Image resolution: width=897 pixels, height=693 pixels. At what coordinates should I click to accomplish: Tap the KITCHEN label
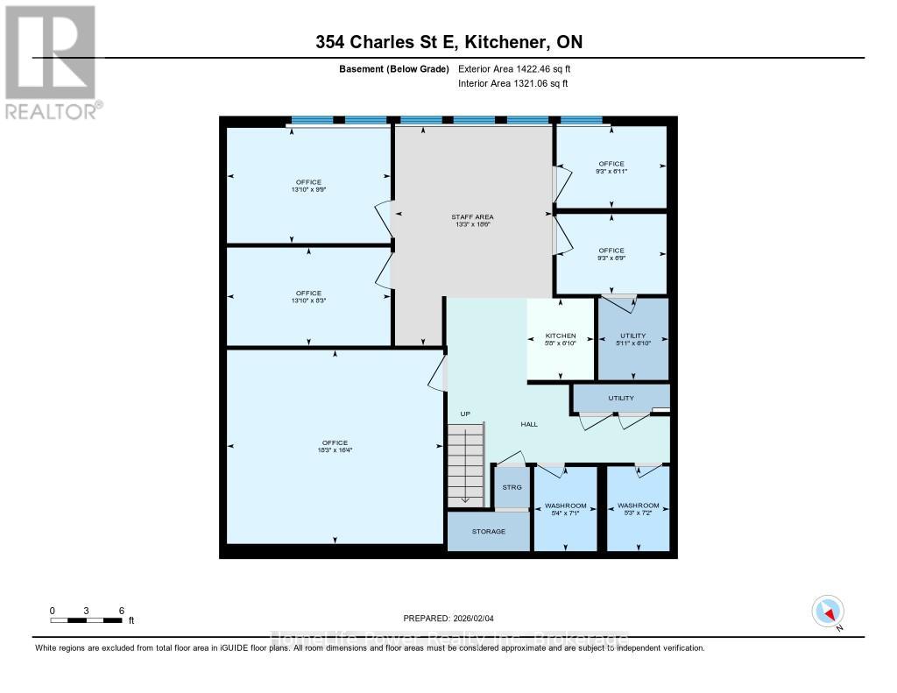tap(561, 336)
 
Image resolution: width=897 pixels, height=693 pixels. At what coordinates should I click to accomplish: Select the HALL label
tap(529, 424)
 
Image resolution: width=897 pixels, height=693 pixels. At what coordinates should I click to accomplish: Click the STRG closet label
tap(512, 488)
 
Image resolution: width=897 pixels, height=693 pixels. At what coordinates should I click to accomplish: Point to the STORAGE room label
tap(489, 531)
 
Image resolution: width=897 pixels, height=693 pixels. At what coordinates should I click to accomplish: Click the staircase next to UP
tap(464, 464)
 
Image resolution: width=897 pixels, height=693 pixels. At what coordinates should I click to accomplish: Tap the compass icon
tap(828, 611)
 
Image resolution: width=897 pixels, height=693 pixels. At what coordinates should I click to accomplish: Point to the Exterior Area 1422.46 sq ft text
tap(513, 68)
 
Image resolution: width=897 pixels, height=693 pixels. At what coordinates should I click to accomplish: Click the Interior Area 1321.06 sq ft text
tap(512, 84)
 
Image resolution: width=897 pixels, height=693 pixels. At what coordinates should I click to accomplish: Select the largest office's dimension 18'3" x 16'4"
tap(335, 450)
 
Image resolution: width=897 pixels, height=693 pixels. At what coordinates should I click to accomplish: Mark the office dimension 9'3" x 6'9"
tap(611, 258)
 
